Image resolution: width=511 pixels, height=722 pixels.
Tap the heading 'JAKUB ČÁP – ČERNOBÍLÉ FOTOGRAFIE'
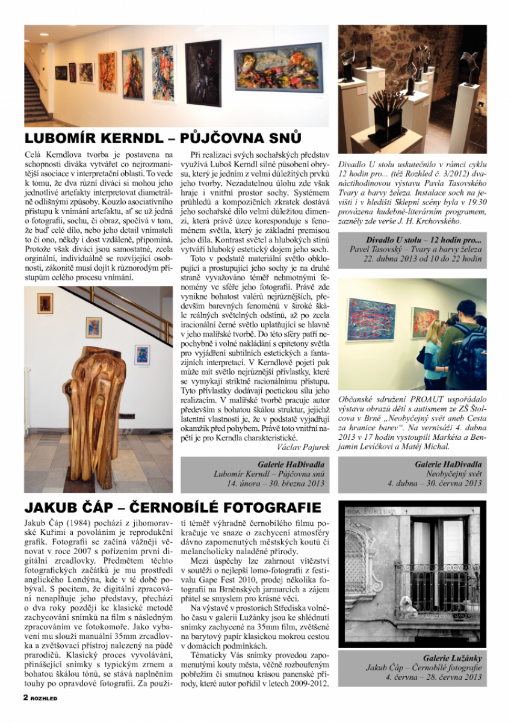click(173, 507)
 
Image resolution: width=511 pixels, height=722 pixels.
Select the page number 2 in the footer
click(26, 697)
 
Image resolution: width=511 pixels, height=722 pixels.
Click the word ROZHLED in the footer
click(45, 698)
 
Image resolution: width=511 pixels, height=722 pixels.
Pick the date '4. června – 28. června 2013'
click(424, 676)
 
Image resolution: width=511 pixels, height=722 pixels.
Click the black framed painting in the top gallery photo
click(203, 72)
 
